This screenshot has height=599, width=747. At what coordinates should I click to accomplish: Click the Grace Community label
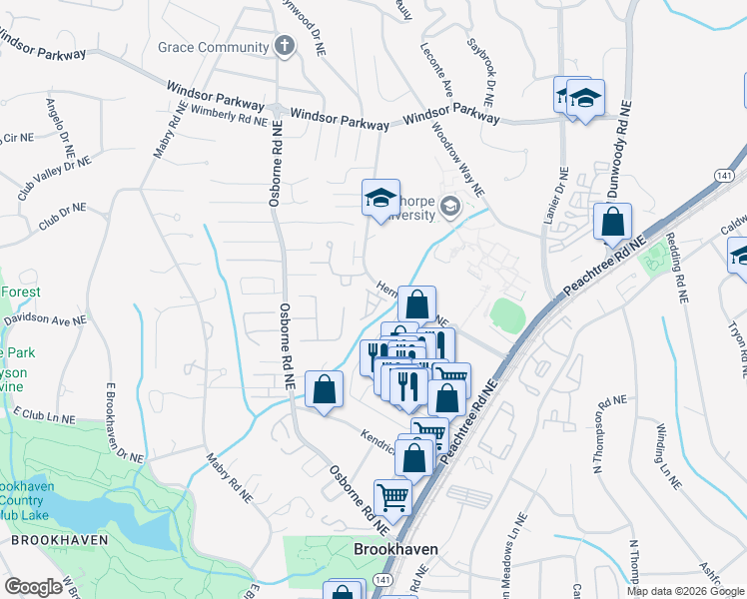tap(213, 47)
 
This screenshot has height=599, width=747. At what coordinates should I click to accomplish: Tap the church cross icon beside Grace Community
tap(285, 46)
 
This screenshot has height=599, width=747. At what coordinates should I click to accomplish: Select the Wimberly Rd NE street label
tap(230, 117)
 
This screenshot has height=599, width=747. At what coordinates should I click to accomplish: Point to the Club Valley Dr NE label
tap(54, 177)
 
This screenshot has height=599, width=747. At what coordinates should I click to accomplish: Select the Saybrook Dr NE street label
tap(482, 72)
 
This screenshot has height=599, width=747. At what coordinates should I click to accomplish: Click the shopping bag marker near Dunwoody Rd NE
tap(612, 222)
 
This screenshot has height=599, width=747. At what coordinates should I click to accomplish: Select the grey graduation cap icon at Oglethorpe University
tap(450, 206)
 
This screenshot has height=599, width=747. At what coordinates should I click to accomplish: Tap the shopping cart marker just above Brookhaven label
tap(392, 496)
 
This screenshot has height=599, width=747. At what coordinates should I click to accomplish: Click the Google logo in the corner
tap(34, 588)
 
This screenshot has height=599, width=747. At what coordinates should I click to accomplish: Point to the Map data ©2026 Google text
tap(684, 591)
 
